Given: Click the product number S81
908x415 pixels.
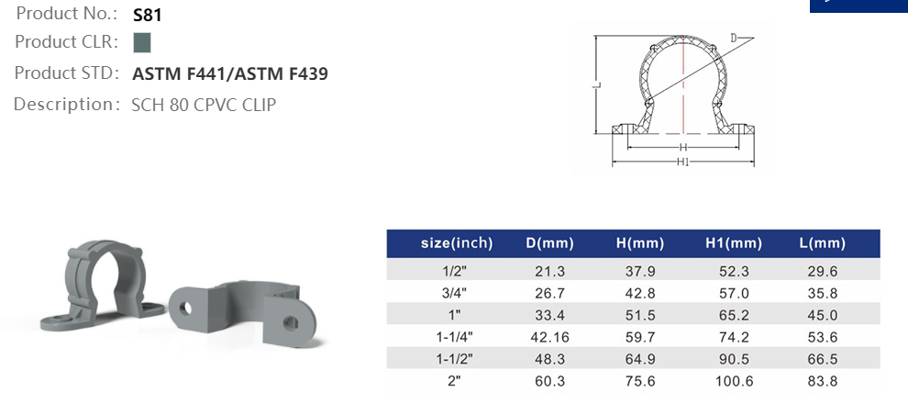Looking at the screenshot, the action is point(147,15).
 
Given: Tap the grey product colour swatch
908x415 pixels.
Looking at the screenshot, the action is point(142,43).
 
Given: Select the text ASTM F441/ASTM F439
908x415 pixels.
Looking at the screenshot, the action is point(230,73).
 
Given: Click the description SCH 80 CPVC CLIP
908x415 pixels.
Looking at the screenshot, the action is point(204,105).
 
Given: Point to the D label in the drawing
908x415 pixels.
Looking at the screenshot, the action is point(734,39).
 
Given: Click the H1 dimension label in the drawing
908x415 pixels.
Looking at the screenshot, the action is point(683,162).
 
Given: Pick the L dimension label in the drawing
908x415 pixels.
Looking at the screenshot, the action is point(597,84).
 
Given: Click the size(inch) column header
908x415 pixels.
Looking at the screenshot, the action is point(457,243).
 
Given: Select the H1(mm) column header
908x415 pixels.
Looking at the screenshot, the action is point(734,243).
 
